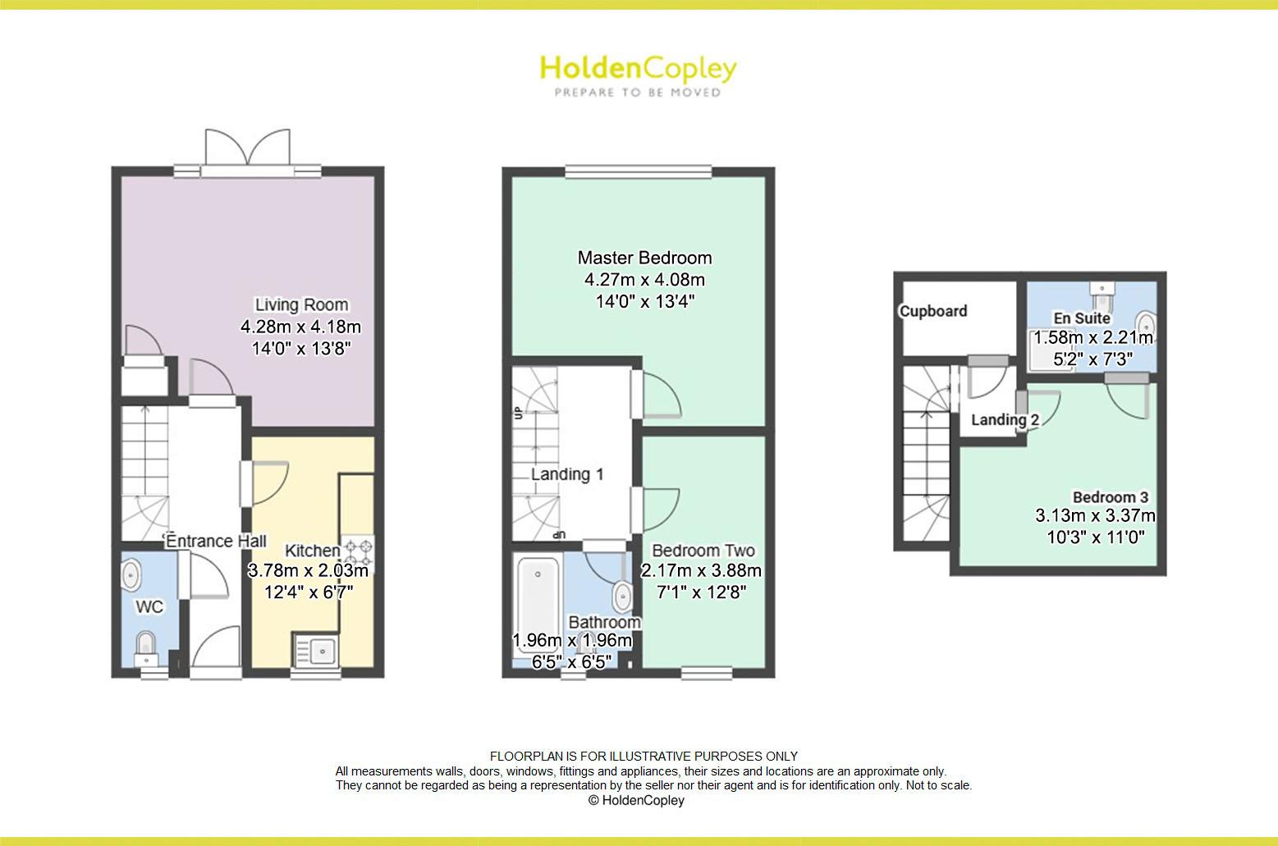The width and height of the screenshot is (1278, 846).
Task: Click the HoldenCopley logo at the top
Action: click(638, 75)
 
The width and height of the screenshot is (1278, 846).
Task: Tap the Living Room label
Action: click(300, 304)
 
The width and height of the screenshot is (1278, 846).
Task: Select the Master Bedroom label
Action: click(644, 258)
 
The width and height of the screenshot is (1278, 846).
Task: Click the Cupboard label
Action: click(933, 311)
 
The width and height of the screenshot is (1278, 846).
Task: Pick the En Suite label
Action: click(1082, 318)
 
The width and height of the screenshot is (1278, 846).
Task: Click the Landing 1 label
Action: click(567, 474)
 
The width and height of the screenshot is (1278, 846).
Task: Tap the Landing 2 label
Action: click(1005, 420)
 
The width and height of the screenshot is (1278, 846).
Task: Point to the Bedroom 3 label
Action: click(1110, 497)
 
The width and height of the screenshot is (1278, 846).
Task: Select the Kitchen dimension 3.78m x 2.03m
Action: click(308, 570)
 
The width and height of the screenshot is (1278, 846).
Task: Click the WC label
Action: click(149, 606)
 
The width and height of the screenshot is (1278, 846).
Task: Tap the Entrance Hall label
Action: click(216, 542)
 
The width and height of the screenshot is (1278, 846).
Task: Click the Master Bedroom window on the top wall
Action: click(638, 172)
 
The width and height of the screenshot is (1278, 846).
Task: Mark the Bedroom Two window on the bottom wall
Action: click(706, 674)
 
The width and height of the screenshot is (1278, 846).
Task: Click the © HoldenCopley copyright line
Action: click(636, 800)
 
